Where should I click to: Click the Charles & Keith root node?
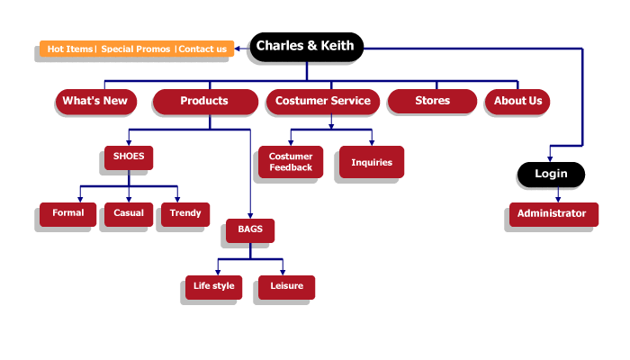tap(306, 46)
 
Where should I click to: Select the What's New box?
tap(95, 101)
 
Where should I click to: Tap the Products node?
tap(204, 101)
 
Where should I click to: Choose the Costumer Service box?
tap(323, 101)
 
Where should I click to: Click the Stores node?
tap(432, 101)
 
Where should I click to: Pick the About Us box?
tap(517, 101)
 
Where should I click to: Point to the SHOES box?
tap(129, 157)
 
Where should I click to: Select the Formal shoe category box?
tap(67, 213)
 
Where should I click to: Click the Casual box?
tap(129, 213)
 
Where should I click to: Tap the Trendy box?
tap(184, 213)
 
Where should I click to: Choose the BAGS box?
tap(250, 229)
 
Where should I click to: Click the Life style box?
tap(213, 286)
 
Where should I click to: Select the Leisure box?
tap(286, 286)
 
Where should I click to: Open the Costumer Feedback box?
tap(291, 162)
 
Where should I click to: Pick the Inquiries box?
tap(372, 162)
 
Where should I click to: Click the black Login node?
tap(551, 174)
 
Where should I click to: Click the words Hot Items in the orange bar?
tap(69, 49)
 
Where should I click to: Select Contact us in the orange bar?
tap(202, 49)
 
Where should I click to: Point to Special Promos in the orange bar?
tap(136, 49)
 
